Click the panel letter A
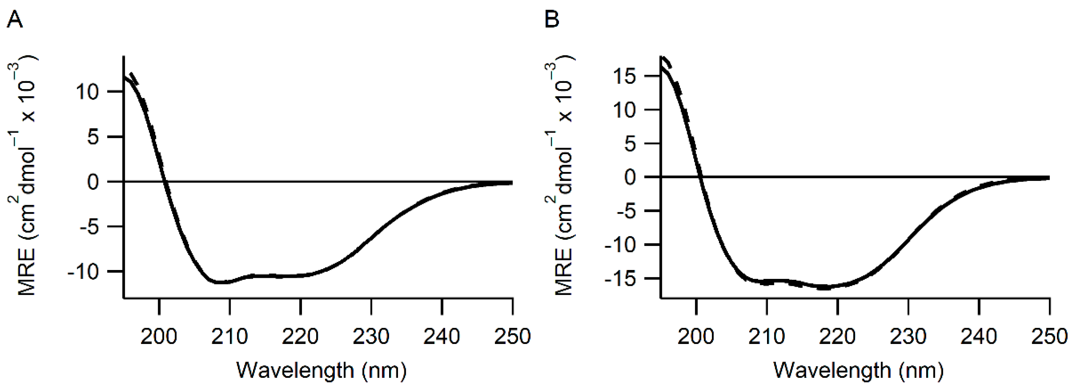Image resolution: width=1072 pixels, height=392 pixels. coord(14,20)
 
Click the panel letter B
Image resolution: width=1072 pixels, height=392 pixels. coord(552,20)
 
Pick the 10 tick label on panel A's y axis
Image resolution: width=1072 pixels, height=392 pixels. coord(87,92)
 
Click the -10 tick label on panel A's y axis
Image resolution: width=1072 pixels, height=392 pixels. coord(83,272)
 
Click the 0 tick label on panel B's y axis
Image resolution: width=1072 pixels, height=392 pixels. coord(630,178)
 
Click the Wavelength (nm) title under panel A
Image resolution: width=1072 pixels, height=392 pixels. coord(321,370)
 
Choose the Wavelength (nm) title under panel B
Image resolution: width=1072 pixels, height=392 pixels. coord(858,370)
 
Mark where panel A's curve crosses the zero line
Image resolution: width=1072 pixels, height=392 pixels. coord(165,182)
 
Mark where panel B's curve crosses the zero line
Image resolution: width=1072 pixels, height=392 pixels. coord(700,177)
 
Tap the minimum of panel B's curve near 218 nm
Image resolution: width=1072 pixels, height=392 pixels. coord(825,287)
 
